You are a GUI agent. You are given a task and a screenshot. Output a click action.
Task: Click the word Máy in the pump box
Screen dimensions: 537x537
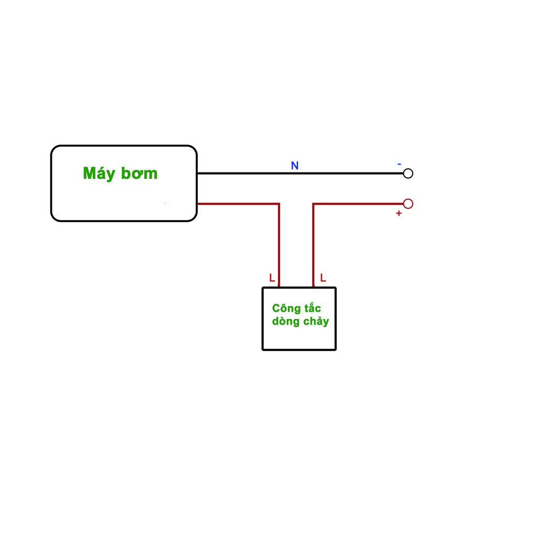[100, 174]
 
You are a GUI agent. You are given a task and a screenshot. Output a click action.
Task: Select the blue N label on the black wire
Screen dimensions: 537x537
[295, 166]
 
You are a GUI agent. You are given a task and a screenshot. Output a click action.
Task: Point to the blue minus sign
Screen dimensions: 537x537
[399, 164]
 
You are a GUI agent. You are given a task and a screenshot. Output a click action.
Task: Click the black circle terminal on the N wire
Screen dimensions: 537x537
[408, 173]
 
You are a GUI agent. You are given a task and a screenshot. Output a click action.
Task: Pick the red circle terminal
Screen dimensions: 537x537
[408, 203]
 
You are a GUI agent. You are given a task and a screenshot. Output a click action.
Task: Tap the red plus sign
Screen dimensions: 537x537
[399, 213]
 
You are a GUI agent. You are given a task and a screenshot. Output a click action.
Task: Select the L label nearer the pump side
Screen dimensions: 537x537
[272, 278]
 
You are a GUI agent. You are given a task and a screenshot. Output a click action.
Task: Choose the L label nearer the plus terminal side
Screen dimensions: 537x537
[323, 278]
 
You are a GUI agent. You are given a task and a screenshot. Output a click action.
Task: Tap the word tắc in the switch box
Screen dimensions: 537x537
[312, 308]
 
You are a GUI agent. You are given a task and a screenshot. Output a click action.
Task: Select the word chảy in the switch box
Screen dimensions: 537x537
[316, 321]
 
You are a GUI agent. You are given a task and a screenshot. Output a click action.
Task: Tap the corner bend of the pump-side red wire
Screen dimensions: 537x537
[279, 203]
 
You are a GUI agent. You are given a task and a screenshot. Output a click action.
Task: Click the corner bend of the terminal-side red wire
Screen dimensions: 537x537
[314, 203]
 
